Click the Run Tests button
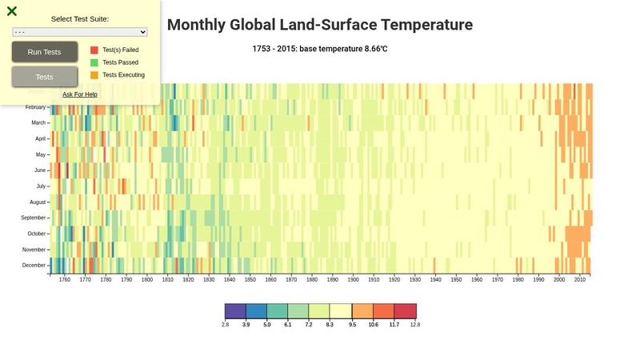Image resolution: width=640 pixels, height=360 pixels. click(x=44, y=52)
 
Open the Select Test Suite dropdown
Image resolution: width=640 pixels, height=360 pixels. click(x=80, y=32)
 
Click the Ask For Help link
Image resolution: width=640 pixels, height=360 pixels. click(x=80, y=94)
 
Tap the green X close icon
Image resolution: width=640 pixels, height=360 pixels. click(x=12, y=11)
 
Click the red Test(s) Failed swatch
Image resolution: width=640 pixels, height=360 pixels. click(x=94, y=50)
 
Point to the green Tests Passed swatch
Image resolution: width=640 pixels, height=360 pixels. click(x=94, y=62)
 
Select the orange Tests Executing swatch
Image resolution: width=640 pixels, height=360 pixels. click(x=94, y=75)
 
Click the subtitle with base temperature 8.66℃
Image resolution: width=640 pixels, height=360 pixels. click(x=320, y=49)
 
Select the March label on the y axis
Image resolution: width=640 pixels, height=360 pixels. click(x=38, y=122)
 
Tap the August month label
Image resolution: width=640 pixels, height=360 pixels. click(x=38, y=202)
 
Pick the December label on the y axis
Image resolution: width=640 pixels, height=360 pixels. click(x=34, y=265)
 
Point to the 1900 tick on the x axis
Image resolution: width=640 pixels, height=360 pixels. click(x=353, y=280)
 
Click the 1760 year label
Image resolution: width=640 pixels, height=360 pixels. click(x=64, y=280)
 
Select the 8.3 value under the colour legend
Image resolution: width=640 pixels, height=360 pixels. click(x=330, y=325)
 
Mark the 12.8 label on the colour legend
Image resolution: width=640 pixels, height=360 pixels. click(x=415, y=325)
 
